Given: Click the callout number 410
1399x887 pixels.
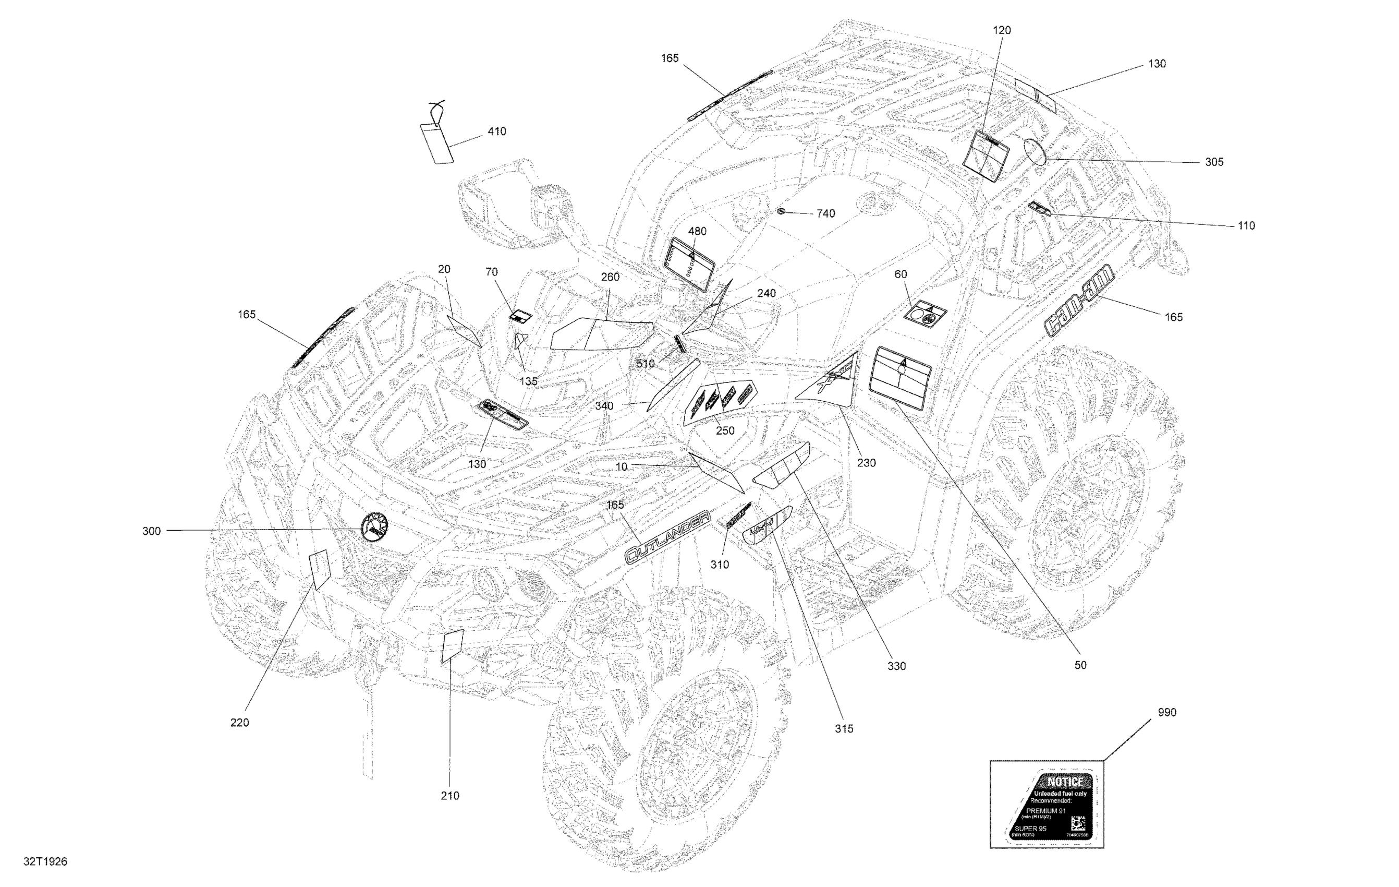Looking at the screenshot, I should point(496,132).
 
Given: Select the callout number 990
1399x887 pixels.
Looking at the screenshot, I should point(1166,713).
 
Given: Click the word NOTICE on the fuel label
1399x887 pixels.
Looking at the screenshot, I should point(1065,782).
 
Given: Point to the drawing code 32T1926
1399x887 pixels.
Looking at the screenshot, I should point(45,861).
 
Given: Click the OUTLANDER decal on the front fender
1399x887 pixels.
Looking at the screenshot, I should point(667,537).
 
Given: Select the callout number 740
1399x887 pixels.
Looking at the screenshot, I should point(825,214).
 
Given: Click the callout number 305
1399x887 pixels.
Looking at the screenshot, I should point(1214,162).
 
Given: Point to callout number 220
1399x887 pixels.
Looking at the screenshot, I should point(239,723).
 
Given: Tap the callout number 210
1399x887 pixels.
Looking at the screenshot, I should point(449,796).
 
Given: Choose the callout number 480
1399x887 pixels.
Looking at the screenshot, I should point(697,231).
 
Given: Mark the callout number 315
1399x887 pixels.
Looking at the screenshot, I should point(844,729).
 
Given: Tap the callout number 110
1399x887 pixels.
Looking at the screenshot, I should point(1246,225).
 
